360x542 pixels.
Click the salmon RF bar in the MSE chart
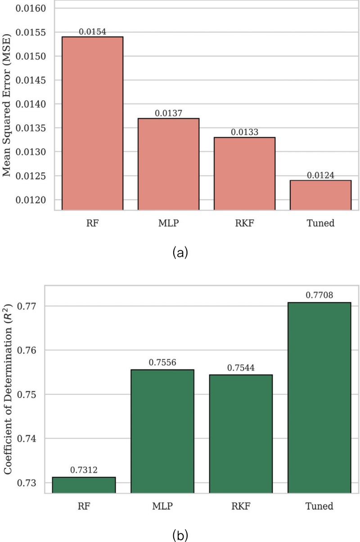(92, 124)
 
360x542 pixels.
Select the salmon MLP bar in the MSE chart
(168, 164)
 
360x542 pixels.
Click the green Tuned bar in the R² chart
(319, 398)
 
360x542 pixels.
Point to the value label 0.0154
(92, 32)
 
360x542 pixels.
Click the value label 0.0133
(244, 133)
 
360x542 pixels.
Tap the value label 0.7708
(319, 295)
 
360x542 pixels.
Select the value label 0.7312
(84, 470)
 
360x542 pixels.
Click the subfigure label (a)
(180, 253)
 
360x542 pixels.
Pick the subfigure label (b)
(180, 535)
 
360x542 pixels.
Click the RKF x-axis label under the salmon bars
(244, 223)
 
